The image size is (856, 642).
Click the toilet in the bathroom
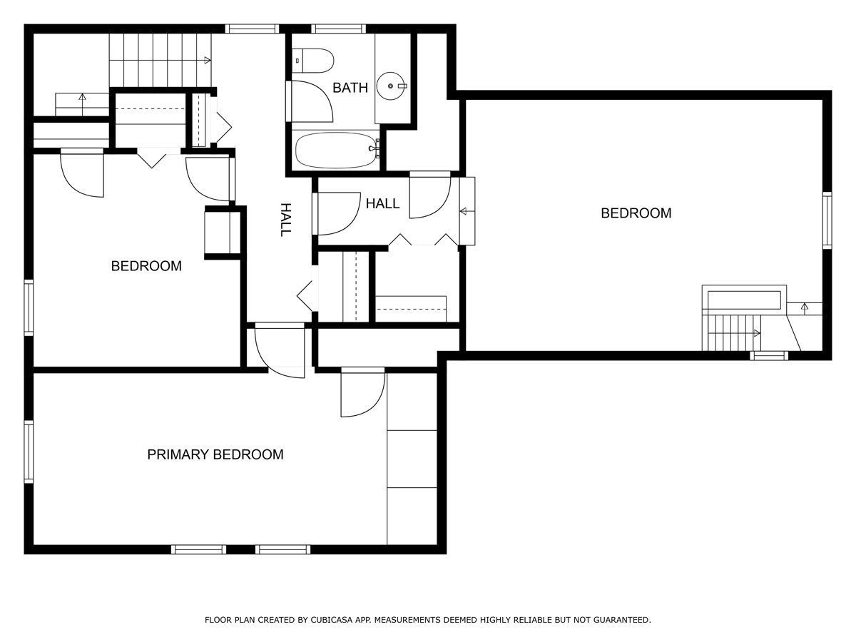(314, 61)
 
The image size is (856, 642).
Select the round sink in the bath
(391, 86)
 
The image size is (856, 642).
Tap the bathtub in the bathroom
(335, 150)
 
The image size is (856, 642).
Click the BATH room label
(350, 88)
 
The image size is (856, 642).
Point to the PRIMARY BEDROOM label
(215, 454)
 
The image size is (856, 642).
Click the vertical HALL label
(285, 219)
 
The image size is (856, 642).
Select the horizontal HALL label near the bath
(382, 204)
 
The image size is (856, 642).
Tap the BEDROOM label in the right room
(636, 213)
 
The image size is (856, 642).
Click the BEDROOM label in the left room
(146, 266)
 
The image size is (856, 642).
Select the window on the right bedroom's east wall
(827, 220)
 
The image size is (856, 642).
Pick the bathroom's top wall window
(338, 29)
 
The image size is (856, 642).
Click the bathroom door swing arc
(312, 101)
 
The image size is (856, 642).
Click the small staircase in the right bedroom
(731, 332)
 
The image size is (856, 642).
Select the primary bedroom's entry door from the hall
(280, 350)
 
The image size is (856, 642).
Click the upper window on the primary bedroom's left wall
(29, 452)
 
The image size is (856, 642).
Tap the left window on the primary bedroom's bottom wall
(198, 549)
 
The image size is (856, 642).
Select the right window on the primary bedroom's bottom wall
(282, 549)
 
